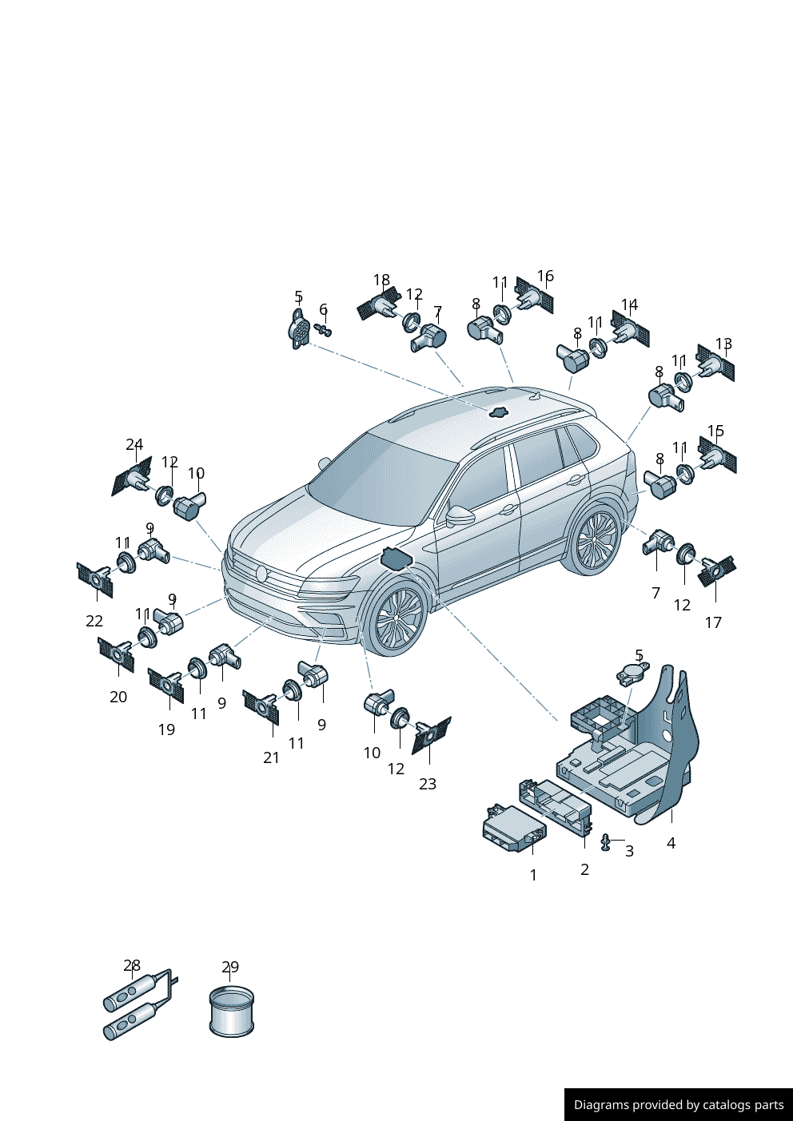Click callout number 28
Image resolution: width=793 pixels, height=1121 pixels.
click(132, 965)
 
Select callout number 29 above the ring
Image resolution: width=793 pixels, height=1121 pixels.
click(230, 967)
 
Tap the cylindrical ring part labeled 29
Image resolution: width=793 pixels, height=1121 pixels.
click(231, 1012)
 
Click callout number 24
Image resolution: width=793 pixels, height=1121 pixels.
click(134, 444)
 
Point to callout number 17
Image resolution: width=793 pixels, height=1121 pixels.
click(713, 622)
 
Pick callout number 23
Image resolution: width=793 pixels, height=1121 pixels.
click(428, 784)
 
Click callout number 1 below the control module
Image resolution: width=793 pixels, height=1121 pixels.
click(533, 875)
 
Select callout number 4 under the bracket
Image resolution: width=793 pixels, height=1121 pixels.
click(671, 843)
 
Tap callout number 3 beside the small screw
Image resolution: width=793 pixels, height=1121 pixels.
click(629, 851)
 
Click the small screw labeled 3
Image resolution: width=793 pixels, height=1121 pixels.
click(606, 843)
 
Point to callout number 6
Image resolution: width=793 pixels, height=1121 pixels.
click(324, 310)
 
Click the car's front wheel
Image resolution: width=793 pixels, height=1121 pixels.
click(396, 618)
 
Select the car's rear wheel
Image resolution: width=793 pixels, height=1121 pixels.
click(593, 541)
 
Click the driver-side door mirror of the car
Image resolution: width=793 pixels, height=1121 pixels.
click(460, 515)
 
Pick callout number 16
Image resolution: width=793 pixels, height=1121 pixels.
click(545, 276)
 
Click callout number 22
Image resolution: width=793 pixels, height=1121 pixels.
click(94, 621)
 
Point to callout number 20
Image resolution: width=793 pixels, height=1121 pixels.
click(118, 697)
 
